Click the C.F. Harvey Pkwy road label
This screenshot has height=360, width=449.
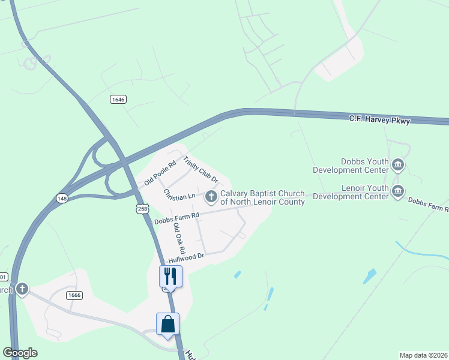click(379, 120)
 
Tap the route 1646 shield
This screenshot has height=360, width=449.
click(118, 99)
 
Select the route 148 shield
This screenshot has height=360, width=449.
click(62, 198)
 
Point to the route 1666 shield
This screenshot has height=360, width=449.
click(74, 295)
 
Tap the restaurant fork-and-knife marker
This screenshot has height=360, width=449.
click(170, 277)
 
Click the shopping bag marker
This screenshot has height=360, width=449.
click(168, 324)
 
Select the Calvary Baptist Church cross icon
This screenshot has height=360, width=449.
click(211, 196)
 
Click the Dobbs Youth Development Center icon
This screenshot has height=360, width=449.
click(397, 164)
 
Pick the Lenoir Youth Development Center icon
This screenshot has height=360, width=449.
click(397, 191)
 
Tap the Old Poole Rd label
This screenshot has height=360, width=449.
click(160, 173)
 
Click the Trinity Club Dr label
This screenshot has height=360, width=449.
click(200, 170)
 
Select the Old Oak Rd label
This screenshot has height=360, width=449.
click(179, 238)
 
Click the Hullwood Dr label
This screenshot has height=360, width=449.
click(187, 257)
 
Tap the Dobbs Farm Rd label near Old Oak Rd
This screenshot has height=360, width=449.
click(176, 218)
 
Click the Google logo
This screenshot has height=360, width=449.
click(20, 353)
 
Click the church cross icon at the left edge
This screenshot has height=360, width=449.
click(22, 289)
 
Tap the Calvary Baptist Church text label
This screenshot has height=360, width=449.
click(262, 197)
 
